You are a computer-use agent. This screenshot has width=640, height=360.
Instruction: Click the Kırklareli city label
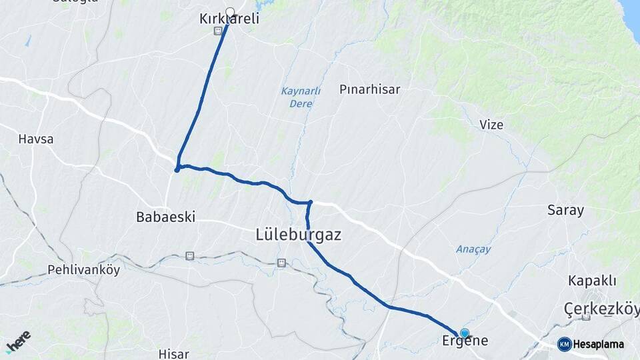pos(229,20)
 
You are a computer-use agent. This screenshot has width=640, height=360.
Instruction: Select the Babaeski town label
pos(165,217)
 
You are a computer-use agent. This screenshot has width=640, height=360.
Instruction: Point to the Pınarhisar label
pos(370,89)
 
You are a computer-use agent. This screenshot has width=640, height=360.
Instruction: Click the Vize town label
pos(491,125)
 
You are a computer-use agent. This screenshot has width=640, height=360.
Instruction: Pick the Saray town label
pos(565,211)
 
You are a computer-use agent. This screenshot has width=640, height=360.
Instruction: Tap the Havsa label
pos(36,139)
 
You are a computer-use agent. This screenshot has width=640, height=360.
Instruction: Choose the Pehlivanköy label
pos(83,270)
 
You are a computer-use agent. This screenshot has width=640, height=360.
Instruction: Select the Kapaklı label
pos(592,280)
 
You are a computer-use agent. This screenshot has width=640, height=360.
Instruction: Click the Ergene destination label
pos(465,341)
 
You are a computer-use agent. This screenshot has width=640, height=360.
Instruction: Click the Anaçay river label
pos(473,249)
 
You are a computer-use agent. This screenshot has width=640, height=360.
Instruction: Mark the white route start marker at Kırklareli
pos(230,12)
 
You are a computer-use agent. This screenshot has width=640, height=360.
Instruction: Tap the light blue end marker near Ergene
pos(464,333)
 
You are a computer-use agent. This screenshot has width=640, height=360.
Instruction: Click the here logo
pos(18,341)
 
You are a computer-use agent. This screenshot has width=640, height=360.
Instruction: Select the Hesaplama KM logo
pos(591,344)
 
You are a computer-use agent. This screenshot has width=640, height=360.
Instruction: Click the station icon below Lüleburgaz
pos(282,263)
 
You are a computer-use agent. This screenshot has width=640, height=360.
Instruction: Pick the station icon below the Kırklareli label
pos(218,31)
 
